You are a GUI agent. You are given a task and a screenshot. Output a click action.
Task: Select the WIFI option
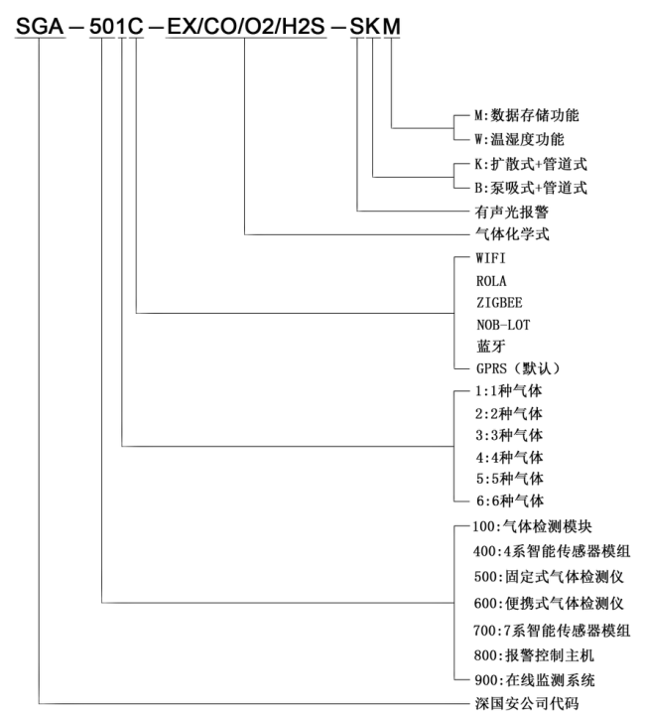[x=490, y=258]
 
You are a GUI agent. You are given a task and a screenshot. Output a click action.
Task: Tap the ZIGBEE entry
[x=497, y=302]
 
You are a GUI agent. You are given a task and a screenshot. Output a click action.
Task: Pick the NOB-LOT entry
[x=500, y=324]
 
